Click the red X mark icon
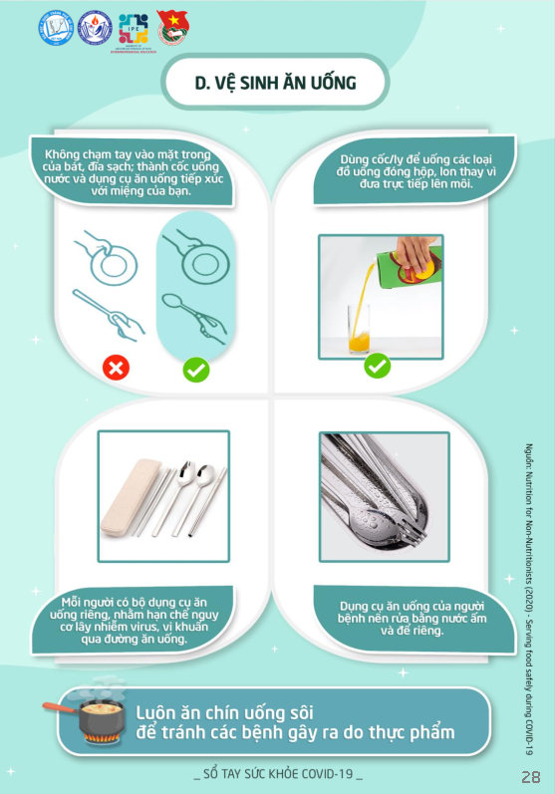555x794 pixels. (x=116, y=368)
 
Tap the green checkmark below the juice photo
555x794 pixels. (x=378, y=366)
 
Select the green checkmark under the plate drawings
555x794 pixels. (x=196, y=370)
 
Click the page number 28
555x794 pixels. (x=531, y=776)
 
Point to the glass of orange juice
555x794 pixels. (x=359, y=329)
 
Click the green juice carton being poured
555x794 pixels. (x=411, y=263)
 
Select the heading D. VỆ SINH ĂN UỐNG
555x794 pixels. (x=276, y=83)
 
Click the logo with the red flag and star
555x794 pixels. (x=173, y=28)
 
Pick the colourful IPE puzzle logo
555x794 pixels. (x=134, y=29)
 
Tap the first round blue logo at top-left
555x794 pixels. (x=56, y=28)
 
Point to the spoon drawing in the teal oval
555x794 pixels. (x=194, y=319)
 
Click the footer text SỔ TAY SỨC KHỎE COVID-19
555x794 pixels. (x=278, y=774)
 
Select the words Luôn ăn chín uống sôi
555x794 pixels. (x=225, y=713)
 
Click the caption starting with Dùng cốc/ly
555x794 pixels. (x=416, y=171)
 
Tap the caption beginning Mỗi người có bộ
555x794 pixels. (x=135, y=621)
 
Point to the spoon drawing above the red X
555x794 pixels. (x=109, y=314)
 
